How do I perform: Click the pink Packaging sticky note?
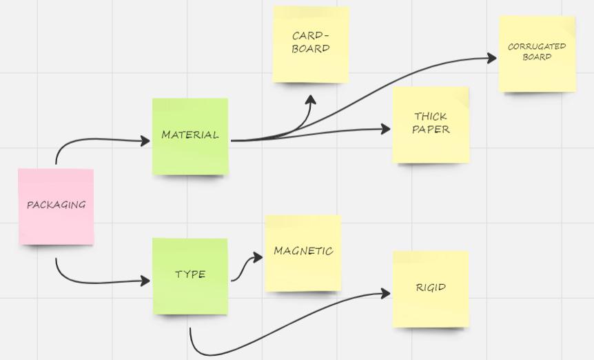56,206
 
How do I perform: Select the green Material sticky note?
190,136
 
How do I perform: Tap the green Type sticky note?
190,275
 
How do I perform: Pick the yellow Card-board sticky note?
311,45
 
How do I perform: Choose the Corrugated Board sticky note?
537,54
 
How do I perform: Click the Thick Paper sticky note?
431,124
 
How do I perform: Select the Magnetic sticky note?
303,252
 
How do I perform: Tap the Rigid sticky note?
431,288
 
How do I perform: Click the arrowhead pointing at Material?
145,141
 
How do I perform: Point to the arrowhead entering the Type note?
145,281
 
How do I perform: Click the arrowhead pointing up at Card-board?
311,101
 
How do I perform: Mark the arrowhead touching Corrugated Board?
491,58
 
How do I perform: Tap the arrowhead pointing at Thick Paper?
385,129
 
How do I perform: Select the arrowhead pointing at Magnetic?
258,258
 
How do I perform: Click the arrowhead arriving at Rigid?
385,293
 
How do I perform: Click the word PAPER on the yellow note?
431,130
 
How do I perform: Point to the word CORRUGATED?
537,47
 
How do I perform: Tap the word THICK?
431,117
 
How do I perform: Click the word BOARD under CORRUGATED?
537,57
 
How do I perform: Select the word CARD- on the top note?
311,36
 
